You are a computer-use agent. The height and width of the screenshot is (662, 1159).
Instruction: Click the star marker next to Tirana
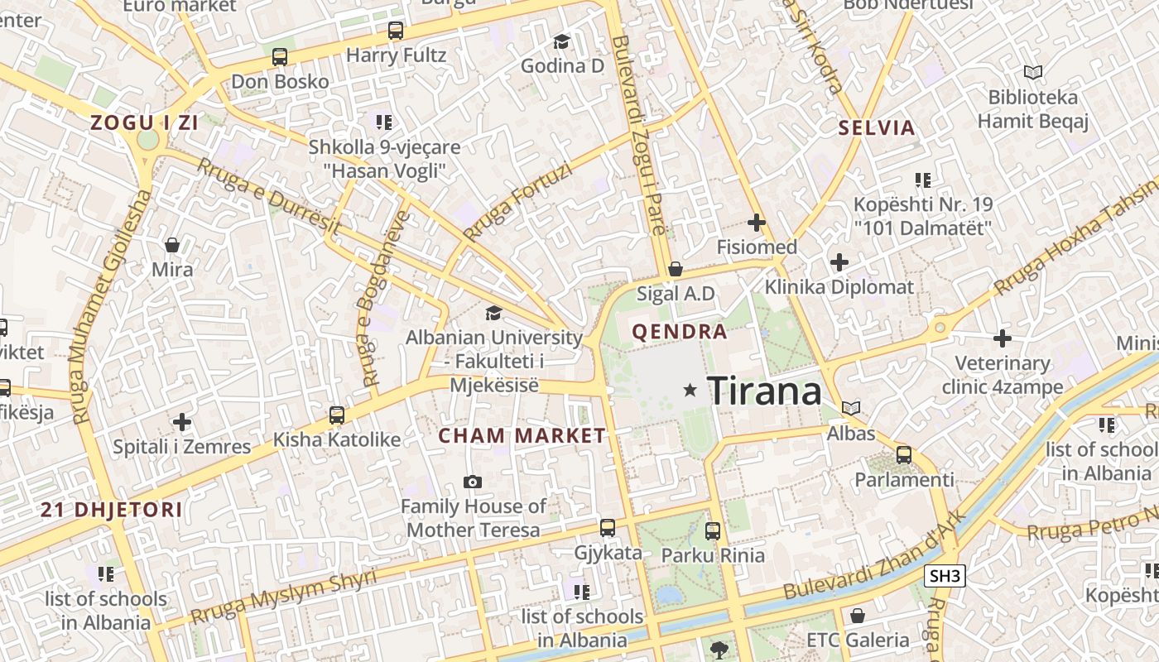point(690,390)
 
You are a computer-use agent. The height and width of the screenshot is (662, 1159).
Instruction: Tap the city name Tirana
point(765,391)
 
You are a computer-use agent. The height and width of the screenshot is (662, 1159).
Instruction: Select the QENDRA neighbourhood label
point(680,333)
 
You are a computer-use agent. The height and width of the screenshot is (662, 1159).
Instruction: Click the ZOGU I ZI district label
point(144,123)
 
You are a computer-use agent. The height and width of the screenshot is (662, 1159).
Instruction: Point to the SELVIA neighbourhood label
point(877,128)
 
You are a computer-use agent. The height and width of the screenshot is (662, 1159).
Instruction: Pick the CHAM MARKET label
point(522,436)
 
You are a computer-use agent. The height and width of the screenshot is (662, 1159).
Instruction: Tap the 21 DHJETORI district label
point(112,510)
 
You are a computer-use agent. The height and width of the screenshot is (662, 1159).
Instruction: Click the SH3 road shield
point(945,576)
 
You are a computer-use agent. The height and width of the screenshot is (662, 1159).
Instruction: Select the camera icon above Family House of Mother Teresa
point(473,482)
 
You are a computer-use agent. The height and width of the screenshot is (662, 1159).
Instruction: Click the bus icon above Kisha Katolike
point(336,415)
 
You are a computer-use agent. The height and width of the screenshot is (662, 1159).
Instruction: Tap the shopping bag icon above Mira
point(172,245)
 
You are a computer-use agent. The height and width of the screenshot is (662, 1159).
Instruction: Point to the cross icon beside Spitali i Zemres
point(182,423)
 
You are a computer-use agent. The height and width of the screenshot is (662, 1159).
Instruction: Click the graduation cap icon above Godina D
point(562,41)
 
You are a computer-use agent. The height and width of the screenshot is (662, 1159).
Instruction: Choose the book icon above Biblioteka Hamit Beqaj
point(1032,73)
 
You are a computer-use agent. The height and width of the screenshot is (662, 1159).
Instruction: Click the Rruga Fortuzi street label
point(518,203)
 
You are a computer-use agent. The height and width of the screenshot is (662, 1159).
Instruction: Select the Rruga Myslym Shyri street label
point(283,596)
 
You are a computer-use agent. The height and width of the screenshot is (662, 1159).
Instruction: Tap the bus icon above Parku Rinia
point(712,530)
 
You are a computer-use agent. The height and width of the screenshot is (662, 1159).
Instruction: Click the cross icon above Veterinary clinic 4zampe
point(1003,338)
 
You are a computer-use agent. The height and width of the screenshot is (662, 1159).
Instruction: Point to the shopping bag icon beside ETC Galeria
point(858,616)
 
